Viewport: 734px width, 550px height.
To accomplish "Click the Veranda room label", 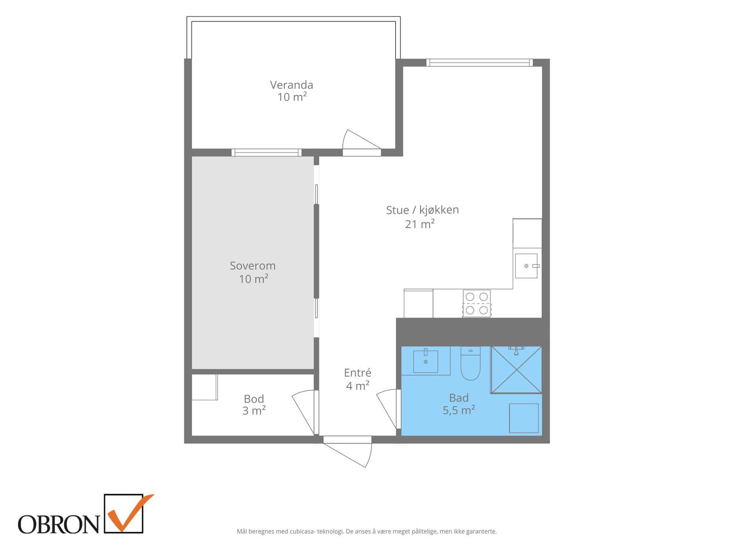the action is click(292, 85).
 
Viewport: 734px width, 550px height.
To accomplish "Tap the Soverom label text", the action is click(253, 266).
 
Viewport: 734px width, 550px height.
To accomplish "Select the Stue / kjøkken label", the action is click(422, 210).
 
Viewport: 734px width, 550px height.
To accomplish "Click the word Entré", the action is click(358, 372).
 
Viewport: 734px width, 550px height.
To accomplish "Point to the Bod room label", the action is click(254, 399).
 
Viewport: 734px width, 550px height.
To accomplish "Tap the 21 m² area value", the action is click(420, 224).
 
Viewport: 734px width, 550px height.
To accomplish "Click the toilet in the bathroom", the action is click(470, 363).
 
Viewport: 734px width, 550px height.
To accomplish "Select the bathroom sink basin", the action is click(425, 361).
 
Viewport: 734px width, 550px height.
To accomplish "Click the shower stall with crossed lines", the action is click(516, 369).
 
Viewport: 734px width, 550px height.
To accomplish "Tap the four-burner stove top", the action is click(477, 304).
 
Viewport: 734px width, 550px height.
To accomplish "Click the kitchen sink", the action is click(527, 266).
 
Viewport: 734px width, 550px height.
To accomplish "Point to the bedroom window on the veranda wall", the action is click(266, 152).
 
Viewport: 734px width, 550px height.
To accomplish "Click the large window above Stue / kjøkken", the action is click(479, 63).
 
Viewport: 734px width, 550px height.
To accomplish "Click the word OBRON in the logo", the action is click(58, 524).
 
